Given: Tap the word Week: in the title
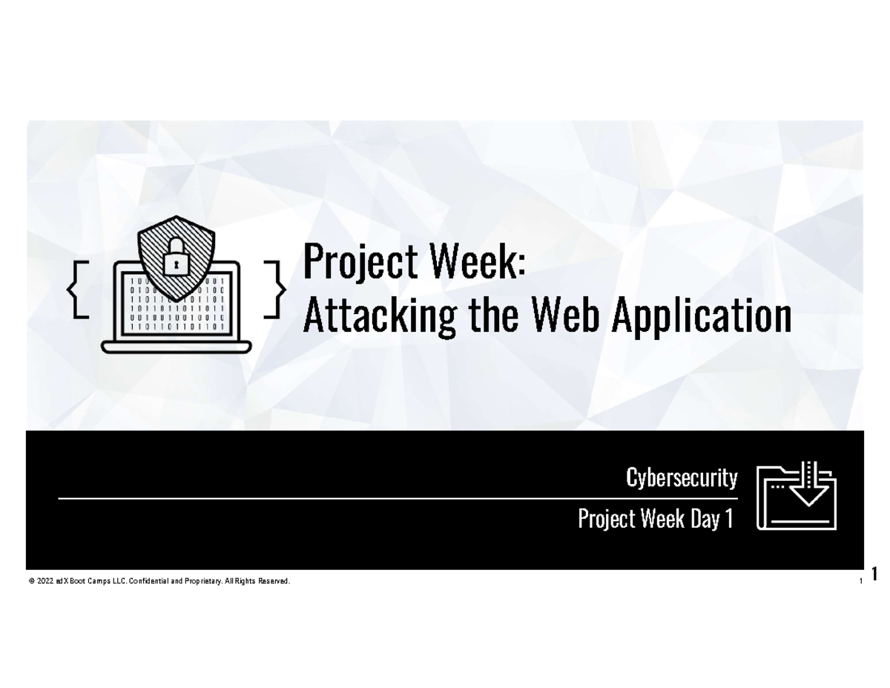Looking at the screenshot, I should (472, 264).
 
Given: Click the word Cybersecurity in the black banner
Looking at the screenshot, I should (682, 479).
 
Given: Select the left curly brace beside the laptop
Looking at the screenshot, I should (77, 289).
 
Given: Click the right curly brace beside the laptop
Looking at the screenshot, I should (276, 289).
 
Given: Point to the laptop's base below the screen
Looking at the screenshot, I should (177, 347).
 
